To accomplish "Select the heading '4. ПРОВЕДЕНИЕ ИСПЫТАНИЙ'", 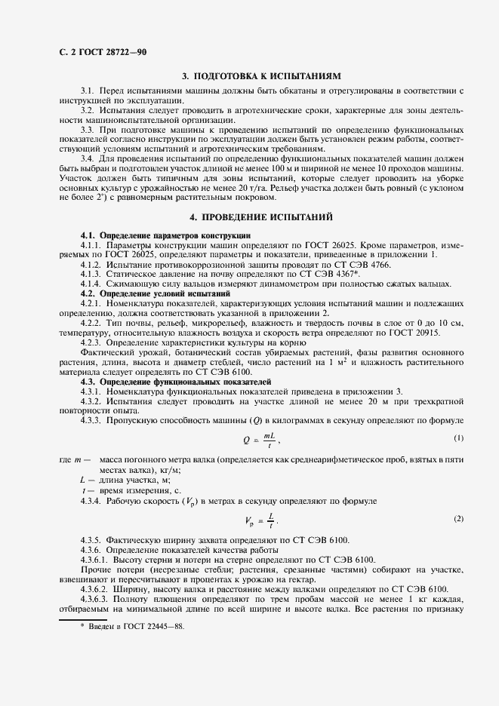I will [x=261, y=216].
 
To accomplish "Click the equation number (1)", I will [x=458, y=439].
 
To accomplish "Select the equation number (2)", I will [x=458, y=519].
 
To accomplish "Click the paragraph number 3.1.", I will [x=87, y=91].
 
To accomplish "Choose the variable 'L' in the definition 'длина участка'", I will [x=82, y=480].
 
